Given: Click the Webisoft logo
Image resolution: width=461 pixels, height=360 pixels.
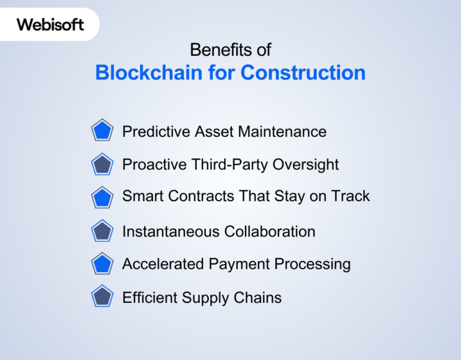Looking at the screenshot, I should [x=50, y=25].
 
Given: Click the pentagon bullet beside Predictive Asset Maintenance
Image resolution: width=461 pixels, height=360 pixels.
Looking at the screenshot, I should [x=103, y=131].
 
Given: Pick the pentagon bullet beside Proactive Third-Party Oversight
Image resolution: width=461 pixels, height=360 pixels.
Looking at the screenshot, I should [x=103, y=164].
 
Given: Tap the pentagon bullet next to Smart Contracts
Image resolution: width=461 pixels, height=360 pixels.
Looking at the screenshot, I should [x=103, y=197].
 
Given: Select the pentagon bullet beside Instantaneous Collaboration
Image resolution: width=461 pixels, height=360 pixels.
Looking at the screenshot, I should [x=103, y=231].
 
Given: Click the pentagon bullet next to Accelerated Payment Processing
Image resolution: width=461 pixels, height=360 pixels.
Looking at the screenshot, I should [x=103, y=263].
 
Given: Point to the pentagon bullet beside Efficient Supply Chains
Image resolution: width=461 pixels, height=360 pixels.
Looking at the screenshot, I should [x=103, y=297].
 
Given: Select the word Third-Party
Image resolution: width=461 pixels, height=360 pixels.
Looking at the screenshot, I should [x=228, y=164].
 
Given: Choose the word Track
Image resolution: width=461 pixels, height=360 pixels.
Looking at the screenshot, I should [x=352, y=196].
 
